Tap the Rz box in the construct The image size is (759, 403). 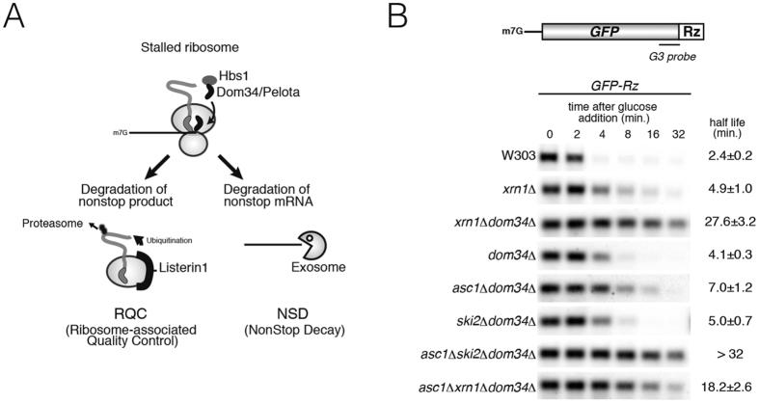tap(691, 32)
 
